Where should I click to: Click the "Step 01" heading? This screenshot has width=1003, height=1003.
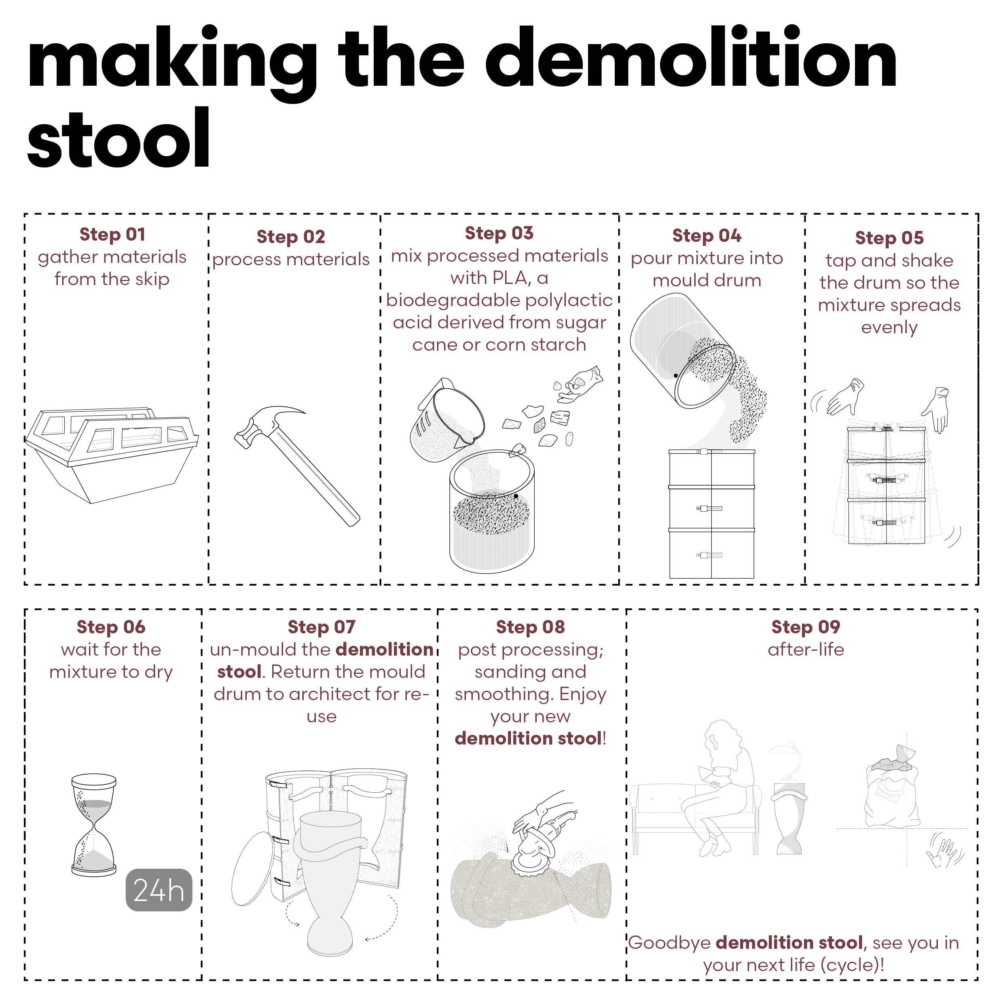(112, 234)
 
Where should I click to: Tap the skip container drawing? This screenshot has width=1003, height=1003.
(112, 454)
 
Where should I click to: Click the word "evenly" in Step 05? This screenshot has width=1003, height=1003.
(889, 328)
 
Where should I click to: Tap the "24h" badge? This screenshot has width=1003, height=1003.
(159, 890)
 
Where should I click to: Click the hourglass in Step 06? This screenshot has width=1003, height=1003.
(93, 825)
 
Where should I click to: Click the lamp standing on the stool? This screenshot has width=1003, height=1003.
(787, 763)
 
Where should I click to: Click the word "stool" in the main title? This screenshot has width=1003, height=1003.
(118, 139)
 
